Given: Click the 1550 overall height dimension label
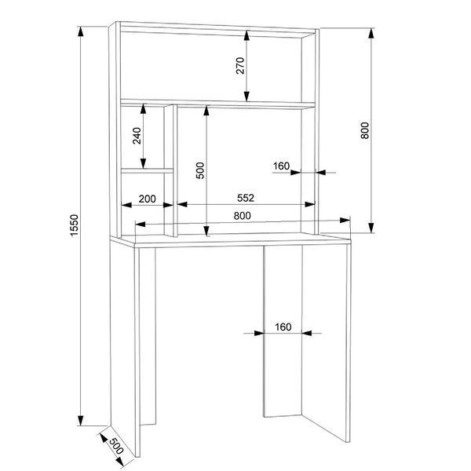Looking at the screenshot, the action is point(75,225).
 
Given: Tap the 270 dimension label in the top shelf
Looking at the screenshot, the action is point(240,65).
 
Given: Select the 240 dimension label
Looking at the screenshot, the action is point(137,136).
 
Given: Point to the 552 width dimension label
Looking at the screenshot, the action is point(246,198).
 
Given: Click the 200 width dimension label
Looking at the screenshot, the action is point(148,199).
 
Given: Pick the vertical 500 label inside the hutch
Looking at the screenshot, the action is point(200,170).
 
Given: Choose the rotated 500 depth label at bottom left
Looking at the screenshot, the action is point(116,446).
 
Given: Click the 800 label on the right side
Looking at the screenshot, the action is point(365,130).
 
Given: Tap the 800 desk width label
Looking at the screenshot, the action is point(242,216).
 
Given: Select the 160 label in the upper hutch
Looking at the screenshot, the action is point(281,166).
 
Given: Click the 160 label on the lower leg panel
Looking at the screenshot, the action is point(283,327).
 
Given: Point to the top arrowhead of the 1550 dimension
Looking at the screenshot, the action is point(81,31).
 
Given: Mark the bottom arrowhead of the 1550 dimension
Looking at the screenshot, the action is point(81,420).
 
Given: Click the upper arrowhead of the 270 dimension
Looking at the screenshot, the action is point(247,35).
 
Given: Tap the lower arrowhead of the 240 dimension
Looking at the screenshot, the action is point(144,163).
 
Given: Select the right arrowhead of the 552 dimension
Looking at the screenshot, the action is point(310,204).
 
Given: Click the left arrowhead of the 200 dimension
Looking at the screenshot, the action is point(126,205).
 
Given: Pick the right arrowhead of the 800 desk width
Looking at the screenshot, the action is point(345,220).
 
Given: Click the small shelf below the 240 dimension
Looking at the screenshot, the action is point(148,170).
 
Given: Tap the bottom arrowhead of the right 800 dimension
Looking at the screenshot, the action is point(371,228).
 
